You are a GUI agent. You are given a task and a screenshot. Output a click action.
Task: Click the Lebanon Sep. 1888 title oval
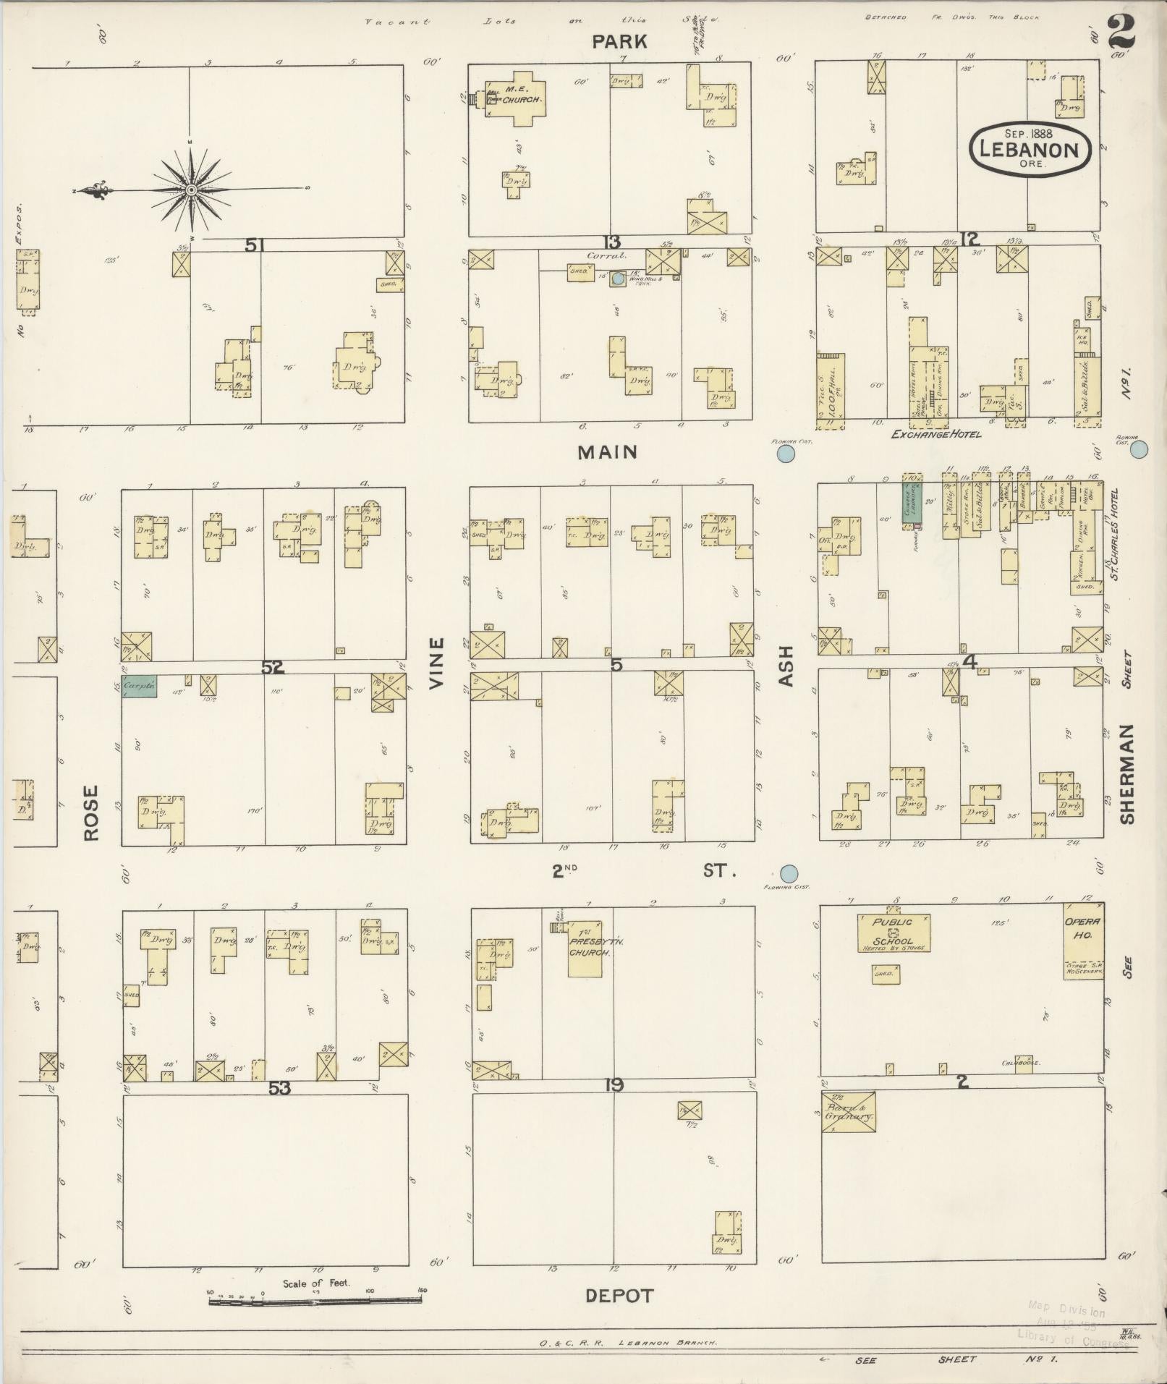coord(1029,148)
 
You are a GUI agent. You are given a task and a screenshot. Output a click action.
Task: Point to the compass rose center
coord(191,190)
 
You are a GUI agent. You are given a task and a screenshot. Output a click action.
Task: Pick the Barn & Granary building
coord(849,1112)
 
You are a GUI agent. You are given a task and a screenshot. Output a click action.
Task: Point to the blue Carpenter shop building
coord(139,686)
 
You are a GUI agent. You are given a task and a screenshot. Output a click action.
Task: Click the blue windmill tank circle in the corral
coord(617,277)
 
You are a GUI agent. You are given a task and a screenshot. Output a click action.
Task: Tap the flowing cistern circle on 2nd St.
coord(789,873)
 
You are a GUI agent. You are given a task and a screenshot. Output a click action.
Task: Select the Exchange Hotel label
coord(935,434)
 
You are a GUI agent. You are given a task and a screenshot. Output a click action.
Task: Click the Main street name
coord(607,452)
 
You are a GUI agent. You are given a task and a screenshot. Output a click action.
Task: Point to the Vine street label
coord(436,663)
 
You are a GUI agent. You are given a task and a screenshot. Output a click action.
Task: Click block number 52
coord(272,668)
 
